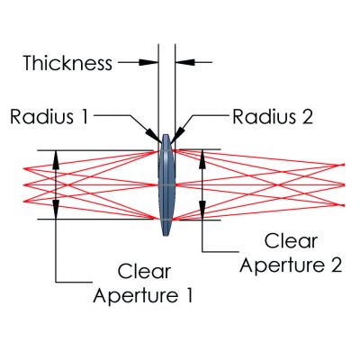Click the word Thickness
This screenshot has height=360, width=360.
[x=67, y=63]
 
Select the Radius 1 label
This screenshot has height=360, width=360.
[x=49, y=116]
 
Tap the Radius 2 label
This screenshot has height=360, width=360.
[x=273, y=116]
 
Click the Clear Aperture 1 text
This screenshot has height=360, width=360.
[x=143, y=283]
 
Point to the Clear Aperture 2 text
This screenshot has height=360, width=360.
[x=291, y=254]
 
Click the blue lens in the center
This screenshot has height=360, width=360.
[x=166, y=184]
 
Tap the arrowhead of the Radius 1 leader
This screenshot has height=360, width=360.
[x=154, y=135]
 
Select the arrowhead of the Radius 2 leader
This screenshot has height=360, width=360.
[x=176, y=134]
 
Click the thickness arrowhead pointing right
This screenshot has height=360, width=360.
[x=148, y=62]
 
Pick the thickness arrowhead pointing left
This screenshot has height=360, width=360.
[x=185, y=62]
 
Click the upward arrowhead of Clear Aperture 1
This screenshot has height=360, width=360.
[x=56, y=160]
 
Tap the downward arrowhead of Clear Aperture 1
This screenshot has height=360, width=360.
[x=56, y=210]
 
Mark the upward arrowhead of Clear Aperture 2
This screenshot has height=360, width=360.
[x=202, y=160]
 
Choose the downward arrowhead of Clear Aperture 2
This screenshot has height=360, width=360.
[x=202, y=210]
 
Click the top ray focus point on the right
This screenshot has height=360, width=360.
[x=343, y=165]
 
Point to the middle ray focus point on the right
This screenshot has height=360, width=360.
[x=343, y=184]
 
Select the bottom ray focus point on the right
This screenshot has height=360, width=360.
[x=343, y=205]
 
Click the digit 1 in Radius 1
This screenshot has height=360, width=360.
[x=85, y=117]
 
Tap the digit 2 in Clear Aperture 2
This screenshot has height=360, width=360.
[x=337, y=265]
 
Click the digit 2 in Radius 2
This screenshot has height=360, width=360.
[x=307, y=117]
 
